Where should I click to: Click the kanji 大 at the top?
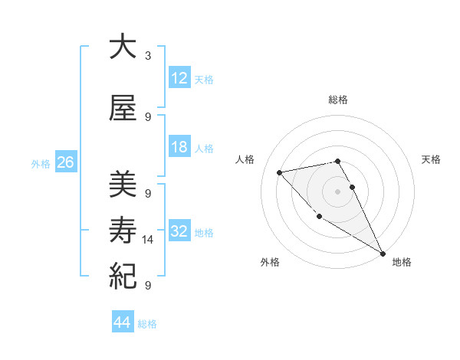click(123, 47)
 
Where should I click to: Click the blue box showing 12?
click(179, 77)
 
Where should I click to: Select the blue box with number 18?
click(179, 147)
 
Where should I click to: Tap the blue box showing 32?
click(179, 231)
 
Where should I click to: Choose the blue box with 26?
click(65, 162)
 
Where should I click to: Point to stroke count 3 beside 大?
click(148, 56)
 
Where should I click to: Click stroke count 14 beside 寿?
click(148, 240)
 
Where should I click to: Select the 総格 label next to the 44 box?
click(148, 324)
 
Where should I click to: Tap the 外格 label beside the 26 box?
click(41, 163)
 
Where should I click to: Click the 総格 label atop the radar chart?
click(338, 100)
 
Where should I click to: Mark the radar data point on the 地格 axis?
click(383, 254)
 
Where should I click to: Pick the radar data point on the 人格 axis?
click(280, 172)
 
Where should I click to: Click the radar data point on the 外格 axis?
click(319, 216)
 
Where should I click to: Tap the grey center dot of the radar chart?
click(338, 191)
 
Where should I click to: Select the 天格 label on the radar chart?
click(432, 159)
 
